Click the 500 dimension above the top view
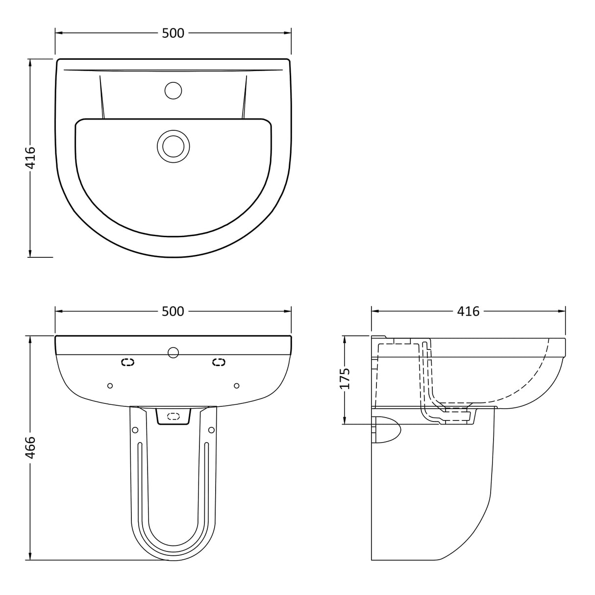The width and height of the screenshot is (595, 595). (x=173, y=33)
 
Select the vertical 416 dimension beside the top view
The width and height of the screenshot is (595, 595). (x=30, y=157)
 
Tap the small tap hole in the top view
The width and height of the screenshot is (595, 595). (x=173, y=91)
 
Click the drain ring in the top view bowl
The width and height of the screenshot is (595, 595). (x=173, y=146)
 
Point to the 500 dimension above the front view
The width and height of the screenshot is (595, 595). (x=173, y=311)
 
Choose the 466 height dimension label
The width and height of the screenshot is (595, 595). (x=30, y=447)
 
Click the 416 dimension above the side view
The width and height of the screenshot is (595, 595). (x=468, y=311)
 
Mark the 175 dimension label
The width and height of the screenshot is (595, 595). (x=346, y=378)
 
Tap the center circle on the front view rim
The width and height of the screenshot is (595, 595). (x=173, y=352)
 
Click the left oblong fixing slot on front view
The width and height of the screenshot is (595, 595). (x=127, y=362)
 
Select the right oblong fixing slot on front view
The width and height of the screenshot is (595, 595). (x=219, y=362)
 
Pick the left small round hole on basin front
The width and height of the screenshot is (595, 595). (x=110, y=386)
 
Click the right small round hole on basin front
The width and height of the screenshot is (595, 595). (x=237, y=386)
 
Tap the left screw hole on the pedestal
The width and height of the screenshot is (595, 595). (x=135, y=430)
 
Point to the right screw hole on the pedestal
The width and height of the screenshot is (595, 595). (x=211, y=430)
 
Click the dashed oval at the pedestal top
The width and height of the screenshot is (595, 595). (x=173, y=416)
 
